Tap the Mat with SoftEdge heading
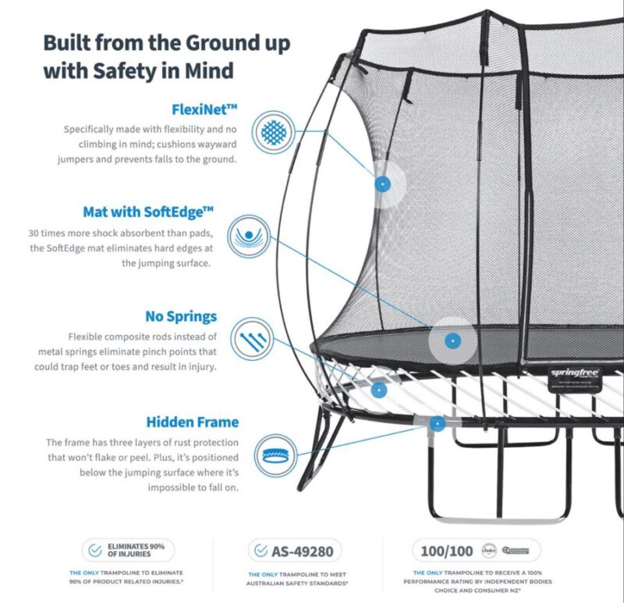coord(148,212)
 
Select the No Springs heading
coord(181,317)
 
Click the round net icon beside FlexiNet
coord(273,131)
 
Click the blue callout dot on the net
coord(382,184)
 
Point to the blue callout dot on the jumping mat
coord(450,341)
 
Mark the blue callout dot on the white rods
coord(378,388)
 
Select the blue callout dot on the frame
coord(438,423)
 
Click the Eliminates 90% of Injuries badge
coord(129,551)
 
